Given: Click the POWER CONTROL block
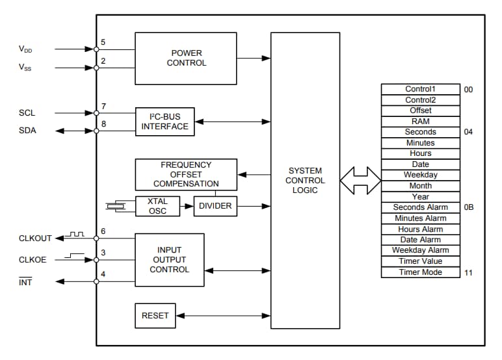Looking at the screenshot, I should [186, 58].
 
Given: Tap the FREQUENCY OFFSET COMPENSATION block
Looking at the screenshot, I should [186, 175].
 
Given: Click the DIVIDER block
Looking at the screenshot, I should [216, 206].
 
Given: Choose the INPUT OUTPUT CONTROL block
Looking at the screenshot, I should [169, 259].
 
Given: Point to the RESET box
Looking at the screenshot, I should [155, 316].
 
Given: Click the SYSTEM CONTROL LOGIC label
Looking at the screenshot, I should [305, 181].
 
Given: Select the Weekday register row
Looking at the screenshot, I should [420, 175].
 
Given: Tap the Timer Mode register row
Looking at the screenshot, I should [420, 272].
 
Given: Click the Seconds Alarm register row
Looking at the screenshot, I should [420, 207].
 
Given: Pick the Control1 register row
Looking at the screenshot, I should [420, 89].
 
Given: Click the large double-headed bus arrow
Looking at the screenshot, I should [360, 180].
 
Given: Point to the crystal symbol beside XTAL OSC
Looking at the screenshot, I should [115, 206].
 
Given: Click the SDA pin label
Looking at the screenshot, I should [27, 131].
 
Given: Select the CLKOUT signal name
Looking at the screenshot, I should [35, 238].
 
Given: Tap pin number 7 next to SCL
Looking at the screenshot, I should [103, 106].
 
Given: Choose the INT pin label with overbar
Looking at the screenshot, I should [25, 281].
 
